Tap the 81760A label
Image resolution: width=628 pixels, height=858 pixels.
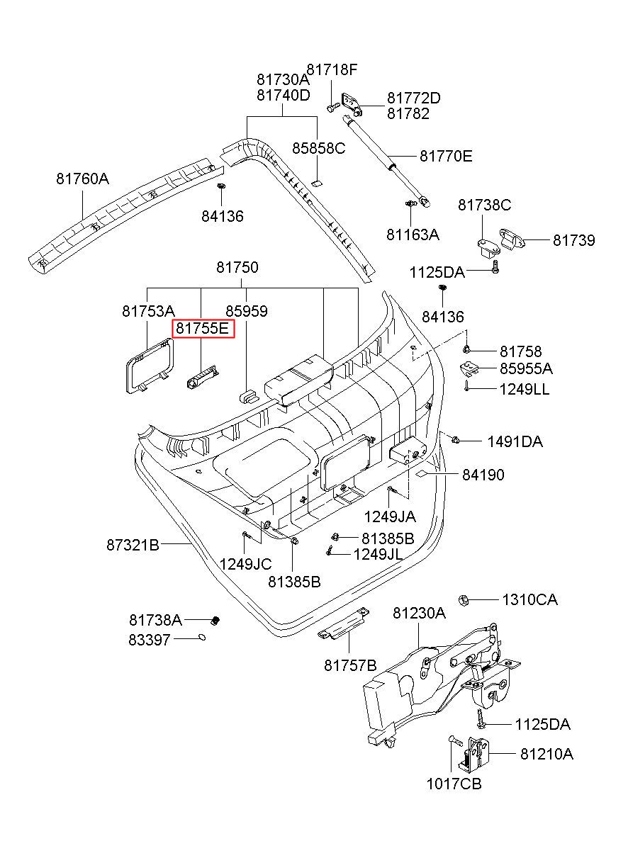83,179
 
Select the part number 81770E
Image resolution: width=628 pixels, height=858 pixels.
446,156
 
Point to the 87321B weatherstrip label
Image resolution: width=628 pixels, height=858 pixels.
133,545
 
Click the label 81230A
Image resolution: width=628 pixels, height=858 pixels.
419,614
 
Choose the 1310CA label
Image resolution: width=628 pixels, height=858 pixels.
529,599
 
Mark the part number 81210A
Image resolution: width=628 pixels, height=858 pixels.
546,754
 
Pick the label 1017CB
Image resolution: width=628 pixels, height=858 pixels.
454,784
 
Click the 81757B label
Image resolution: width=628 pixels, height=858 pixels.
350,665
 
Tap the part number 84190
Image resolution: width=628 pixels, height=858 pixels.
483,475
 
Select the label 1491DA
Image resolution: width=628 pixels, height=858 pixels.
515,442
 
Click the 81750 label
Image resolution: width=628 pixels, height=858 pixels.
237,268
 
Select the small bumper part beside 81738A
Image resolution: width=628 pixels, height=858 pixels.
218,621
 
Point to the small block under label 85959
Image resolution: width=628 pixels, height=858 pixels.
247,393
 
